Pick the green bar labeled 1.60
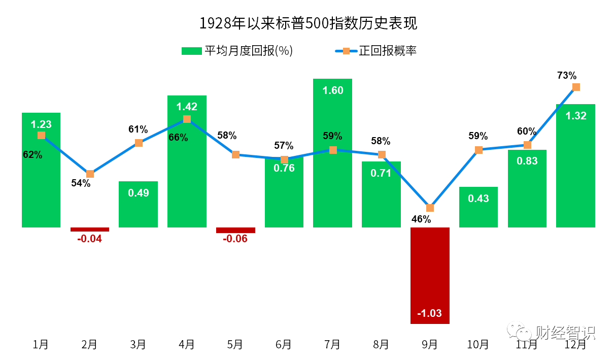click(x=332, y=152)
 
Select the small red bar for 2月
click(x=90, y=230)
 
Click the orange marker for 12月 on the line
click(x=576, y=87)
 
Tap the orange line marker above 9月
click(x=430, y=208)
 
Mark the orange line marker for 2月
click(x=90, y=174)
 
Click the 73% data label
click(x=567, y=76)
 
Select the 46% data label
click(x=421, y=219)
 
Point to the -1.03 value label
click(x=429, y=313)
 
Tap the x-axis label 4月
click(x=187, y=344)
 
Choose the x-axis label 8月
click(x=381, y=344)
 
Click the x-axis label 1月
click(x=41, y=344)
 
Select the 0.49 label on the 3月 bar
click(x=139, y=193)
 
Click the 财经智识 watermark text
click(x=565, y=333)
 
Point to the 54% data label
click(x=81, y=183)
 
